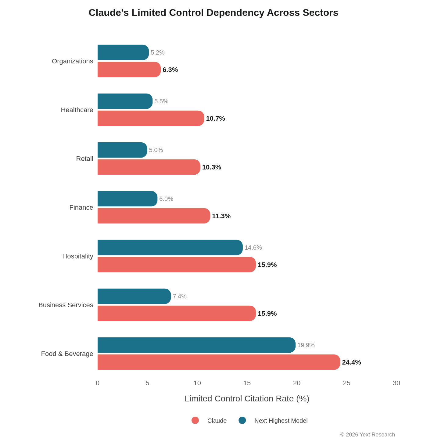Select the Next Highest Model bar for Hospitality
pyautogui.click(x=170, y=247)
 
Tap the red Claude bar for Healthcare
pyautogui.click(x=150, y=118)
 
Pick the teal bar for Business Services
pyautogui.click(x=134, y=296)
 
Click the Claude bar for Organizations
pyautogui.click(x=129, y=69)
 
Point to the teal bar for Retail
pyautogui.click(x=122, y=150)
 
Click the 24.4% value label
pyautogui.click(x=351, y=362)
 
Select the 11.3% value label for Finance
pyautogui.click(x=221, y=216)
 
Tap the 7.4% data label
pyautogui.click(x=180, y=296)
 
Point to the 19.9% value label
pyautogui.click(x=306, y=345)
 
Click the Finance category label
pyautogui.click(x=81, y=208)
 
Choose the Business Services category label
pyautogui.click(x=66, y=305)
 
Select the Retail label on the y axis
pyautogui.click(x=84, y=159)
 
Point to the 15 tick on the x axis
pyautogui.click(x=247, y=383)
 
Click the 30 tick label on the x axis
pyautogui.click(x=396, y=383)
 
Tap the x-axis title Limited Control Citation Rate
pyautogui.click(x=247, y=399)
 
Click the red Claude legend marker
pyautogui.click(x=195, y=421)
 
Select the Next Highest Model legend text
pyautogui.click(x=281, y=421)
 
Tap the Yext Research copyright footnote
pyautogui.click(x=368, y=435)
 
